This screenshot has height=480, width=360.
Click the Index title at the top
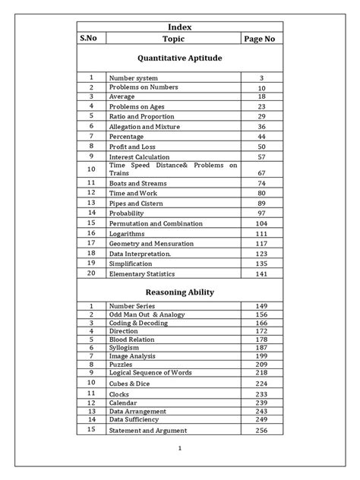[180, 27]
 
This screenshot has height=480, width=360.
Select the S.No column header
[91, 38]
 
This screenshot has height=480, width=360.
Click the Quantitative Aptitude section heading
[179, 57]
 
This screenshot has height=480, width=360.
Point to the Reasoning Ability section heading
[179, 291]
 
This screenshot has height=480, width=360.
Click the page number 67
[261, 173]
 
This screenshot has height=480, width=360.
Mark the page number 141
[261, 273]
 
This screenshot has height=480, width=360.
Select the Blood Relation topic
[134, 340]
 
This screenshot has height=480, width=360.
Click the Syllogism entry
[128, 347]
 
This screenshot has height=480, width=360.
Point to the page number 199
[261, 355]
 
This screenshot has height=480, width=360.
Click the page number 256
[261, 431]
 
